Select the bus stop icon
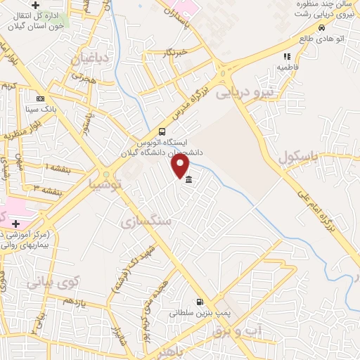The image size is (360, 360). point(162,131)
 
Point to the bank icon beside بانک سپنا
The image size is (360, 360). point(40,98)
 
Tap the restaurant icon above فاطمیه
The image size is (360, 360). point(286,56)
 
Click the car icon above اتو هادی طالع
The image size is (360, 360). point(321,27)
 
